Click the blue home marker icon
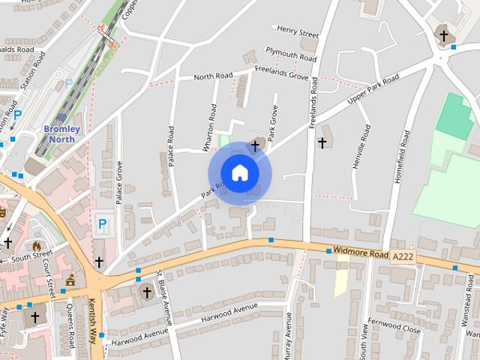pos(239,173)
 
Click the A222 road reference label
pos(403,257)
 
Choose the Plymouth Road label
pos(291,54)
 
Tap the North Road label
pos(214,76)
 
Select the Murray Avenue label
pos(287,334)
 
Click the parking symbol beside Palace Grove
pos(102,223)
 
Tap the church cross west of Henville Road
pos(323,142)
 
